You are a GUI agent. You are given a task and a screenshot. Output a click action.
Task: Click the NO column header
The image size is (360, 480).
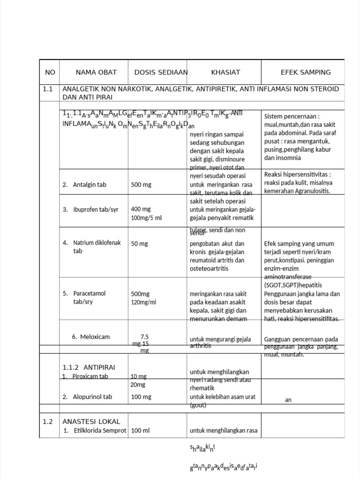[50, 72]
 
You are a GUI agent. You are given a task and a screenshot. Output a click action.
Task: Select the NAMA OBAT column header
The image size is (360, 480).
[96, 72]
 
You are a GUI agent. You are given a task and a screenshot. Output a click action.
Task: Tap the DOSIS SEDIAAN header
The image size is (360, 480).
[161, 72]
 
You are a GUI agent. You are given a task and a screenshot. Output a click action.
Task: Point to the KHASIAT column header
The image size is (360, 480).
[225, 72]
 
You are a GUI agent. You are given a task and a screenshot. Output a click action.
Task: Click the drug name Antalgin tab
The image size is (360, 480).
[89, 185]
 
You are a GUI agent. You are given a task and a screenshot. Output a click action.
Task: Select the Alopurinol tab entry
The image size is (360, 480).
[92, 397]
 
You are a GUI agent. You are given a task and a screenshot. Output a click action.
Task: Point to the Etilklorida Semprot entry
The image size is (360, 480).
[100, 430]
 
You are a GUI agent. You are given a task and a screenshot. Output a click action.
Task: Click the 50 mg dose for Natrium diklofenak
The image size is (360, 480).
[139, 244]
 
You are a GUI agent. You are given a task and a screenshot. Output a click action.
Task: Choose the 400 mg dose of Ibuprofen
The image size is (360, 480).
[141, 209]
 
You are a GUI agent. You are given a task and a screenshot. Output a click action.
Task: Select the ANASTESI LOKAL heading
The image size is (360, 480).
[91, 421]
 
